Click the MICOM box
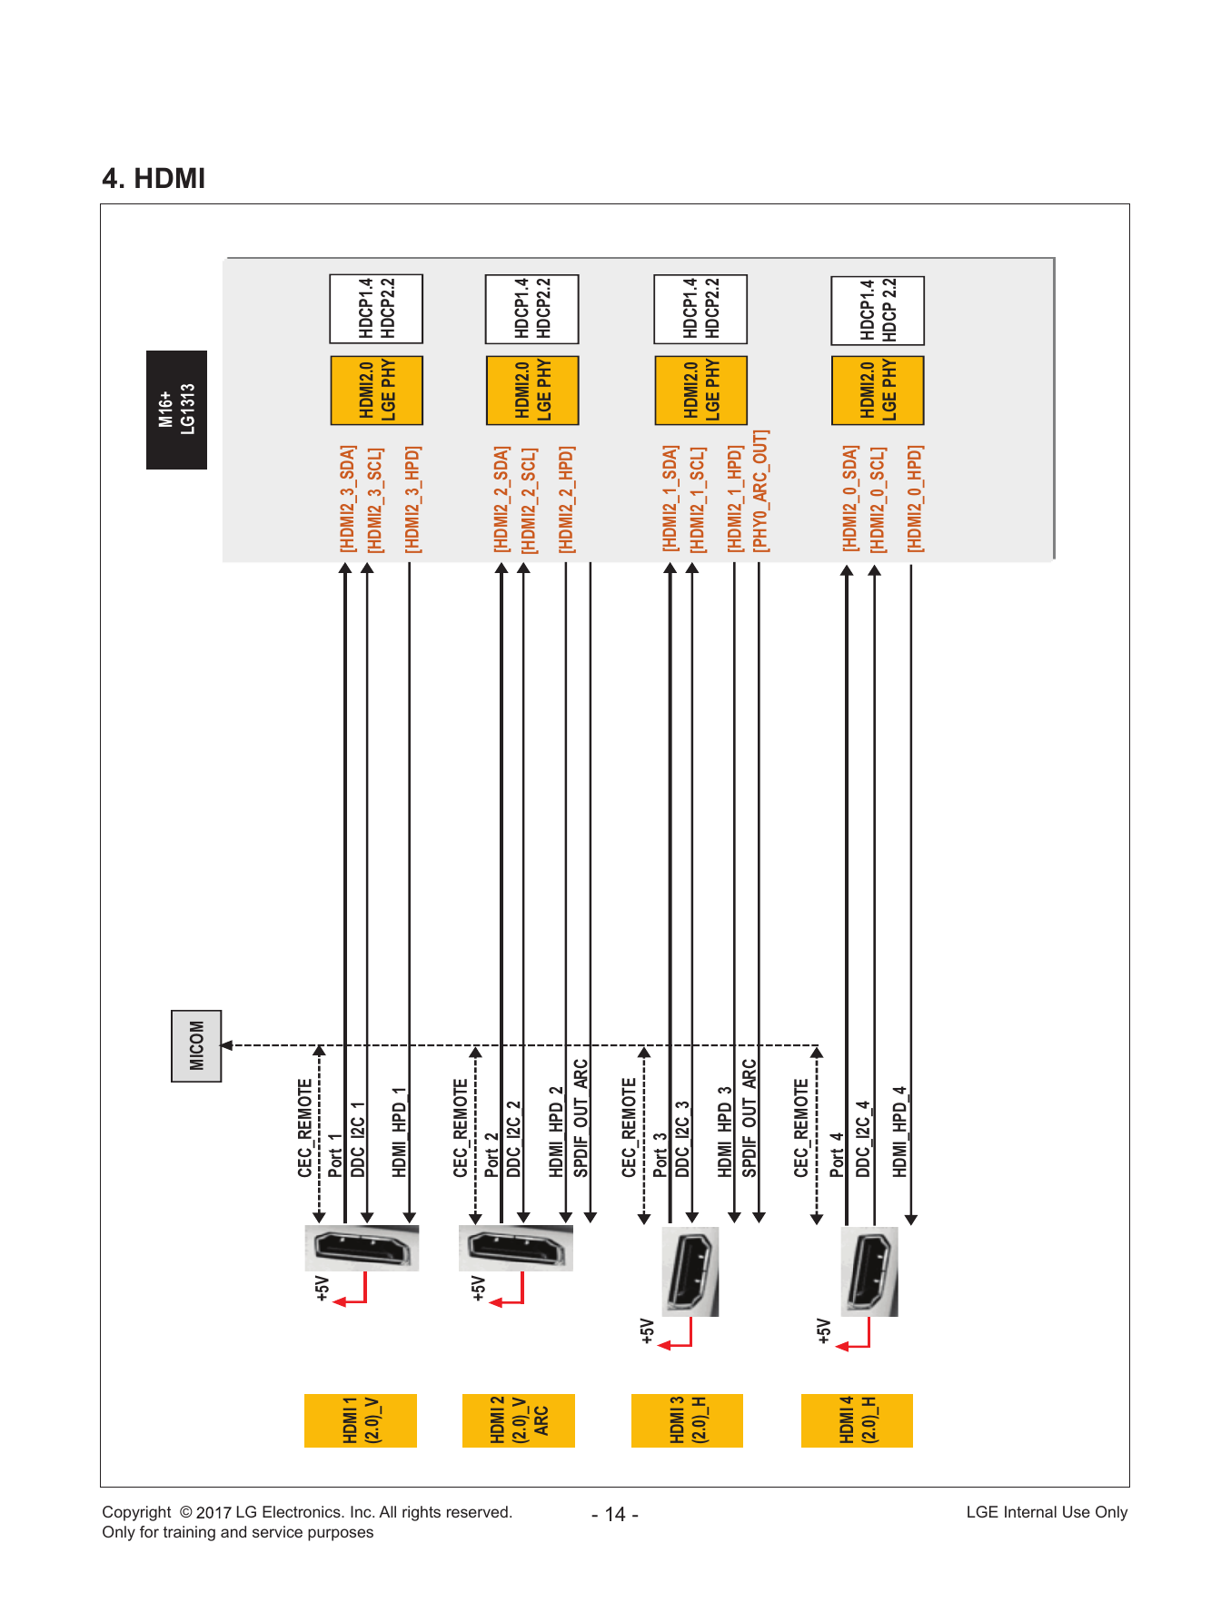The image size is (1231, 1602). [x=196, y=1045]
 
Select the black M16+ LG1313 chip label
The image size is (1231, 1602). [x=176, y=410]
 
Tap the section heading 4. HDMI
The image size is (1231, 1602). [x=154, y=178]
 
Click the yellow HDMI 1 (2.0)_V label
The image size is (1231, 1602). [x=361, y=1420]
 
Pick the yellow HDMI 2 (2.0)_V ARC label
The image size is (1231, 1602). [x=519, y=1420]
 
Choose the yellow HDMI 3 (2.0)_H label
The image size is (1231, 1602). [x=687, y=1420]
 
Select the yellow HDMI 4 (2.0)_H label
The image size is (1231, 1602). [x=857, y=1420]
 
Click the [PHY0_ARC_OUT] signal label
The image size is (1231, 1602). [x=760, y=491]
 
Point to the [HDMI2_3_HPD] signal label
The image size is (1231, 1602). [x=412, y=499]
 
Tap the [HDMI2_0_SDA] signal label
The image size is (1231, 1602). [x=850, y=499]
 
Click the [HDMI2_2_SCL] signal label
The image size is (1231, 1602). [x=528, y=499]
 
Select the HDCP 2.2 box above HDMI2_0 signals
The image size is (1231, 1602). [x=878, y=311]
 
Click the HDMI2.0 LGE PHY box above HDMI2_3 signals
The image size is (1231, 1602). [x=376, y=391]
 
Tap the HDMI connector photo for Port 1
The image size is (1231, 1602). [x=362, y=1248]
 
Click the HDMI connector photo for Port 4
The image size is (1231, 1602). [x=869, y=1271]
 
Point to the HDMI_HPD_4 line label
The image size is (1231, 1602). [x=899, y=1132]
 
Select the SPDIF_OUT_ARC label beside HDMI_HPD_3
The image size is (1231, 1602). [x=750, y=1118]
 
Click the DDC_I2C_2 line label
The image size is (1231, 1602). [x=514, y=1139]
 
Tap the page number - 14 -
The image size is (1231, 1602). [x=615, y=1514]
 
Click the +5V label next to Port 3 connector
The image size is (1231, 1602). [x=647, y=1330]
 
